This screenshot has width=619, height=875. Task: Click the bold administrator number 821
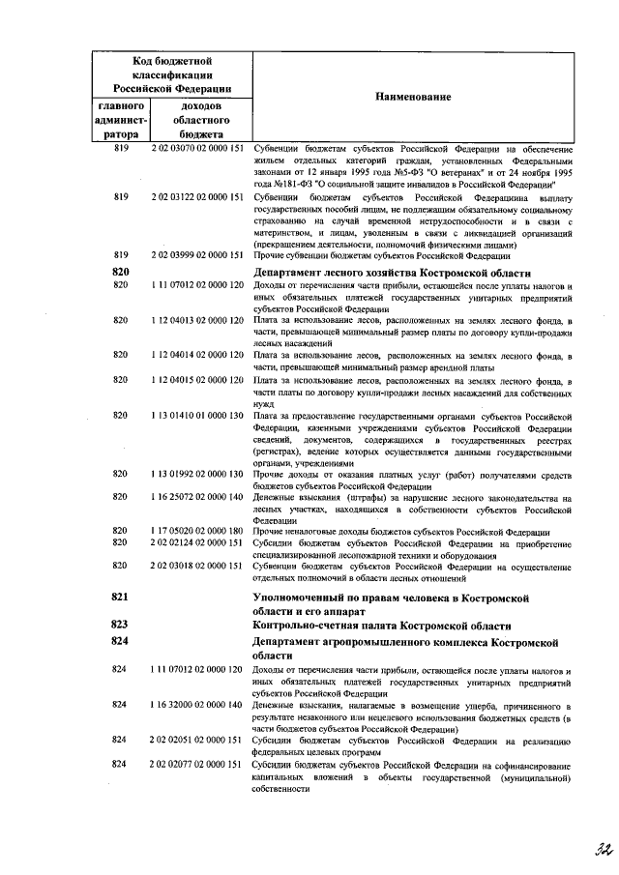click(x=121, y=598)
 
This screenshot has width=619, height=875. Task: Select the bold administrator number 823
click(x=121, y=625)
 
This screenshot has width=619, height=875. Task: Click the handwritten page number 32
click(x=578, y=848)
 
